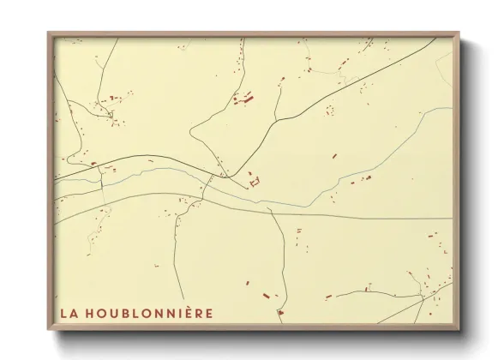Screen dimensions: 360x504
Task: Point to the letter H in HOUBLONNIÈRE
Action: (x=87, y=313)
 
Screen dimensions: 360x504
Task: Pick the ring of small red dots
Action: (x=329, y=110)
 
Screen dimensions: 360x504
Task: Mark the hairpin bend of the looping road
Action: (x=191, y=135)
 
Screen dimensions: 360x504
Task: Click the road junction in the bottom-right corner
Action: (x=423, y=299)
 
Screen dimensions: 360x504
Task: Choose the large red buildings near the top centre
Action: (x=243, y=99)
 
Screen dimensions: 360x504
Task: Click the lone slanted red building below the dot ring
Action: (x=334, y=156)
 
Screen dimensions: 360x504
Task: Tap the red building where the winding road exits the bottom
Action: (x=279, y=313)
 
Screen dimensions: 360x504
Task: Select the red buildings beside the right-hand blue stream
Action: (x=361, y=179)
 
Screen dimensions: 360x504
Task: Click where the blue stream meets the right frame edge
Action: (x=451, y=108)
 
